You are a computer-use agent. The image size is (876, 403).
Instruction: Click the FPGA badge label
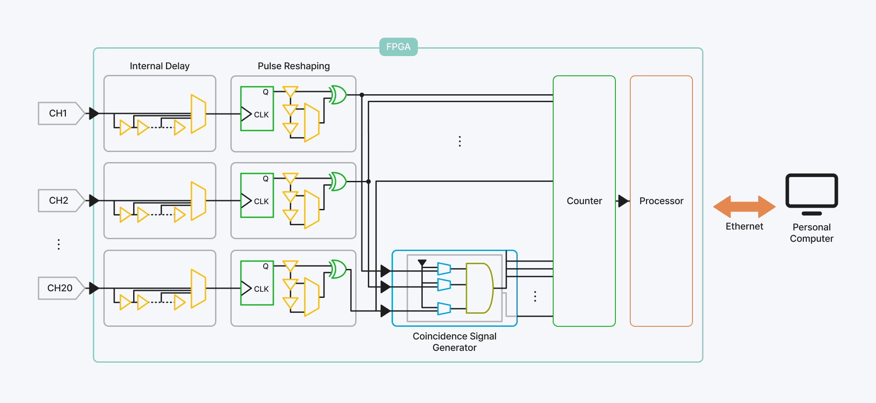pos(398,47)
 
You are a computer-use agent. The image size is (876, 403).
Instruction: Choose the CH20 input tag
pos(60,288)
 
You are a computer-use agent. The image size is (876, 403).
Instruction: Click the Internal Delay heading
pos(159,66)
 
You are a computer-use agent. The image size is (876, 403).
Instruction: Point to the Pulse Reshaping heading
pos(293,66)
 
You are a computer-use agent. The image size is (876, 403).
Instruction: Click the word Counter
pos(584,201)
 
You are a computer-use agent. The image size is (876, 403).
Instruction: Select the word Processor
pos(661,201)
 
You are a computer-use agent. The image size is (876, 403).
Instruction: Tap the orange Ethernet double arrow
pos(744,207)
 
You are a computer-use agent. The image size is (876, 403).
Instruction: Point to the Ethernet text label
pos(744,226)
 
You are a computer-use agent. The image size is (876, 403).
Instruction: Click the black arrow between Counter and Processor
pos(623,201)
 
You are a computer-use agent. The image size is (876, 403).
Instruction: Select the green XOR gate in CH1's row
pos(338,95)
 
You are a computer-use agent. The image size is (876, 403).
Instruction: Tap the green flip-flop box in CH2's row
pos(257,195)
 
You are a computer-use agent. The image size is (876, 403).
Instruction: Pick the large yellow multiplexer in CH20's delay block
pos(198,288)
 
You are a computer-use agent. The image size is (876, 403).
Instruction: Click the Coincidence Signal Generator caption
pos(454,342)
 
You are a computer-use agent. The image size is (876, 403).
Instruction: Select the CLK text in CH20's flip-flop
pos(261,289)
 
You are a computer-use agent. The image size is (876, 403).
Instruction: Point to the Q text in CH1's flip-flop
pos(265,92)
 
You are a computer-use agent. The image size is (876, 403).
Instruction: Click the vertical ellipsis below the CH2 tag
pos(59,244)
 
